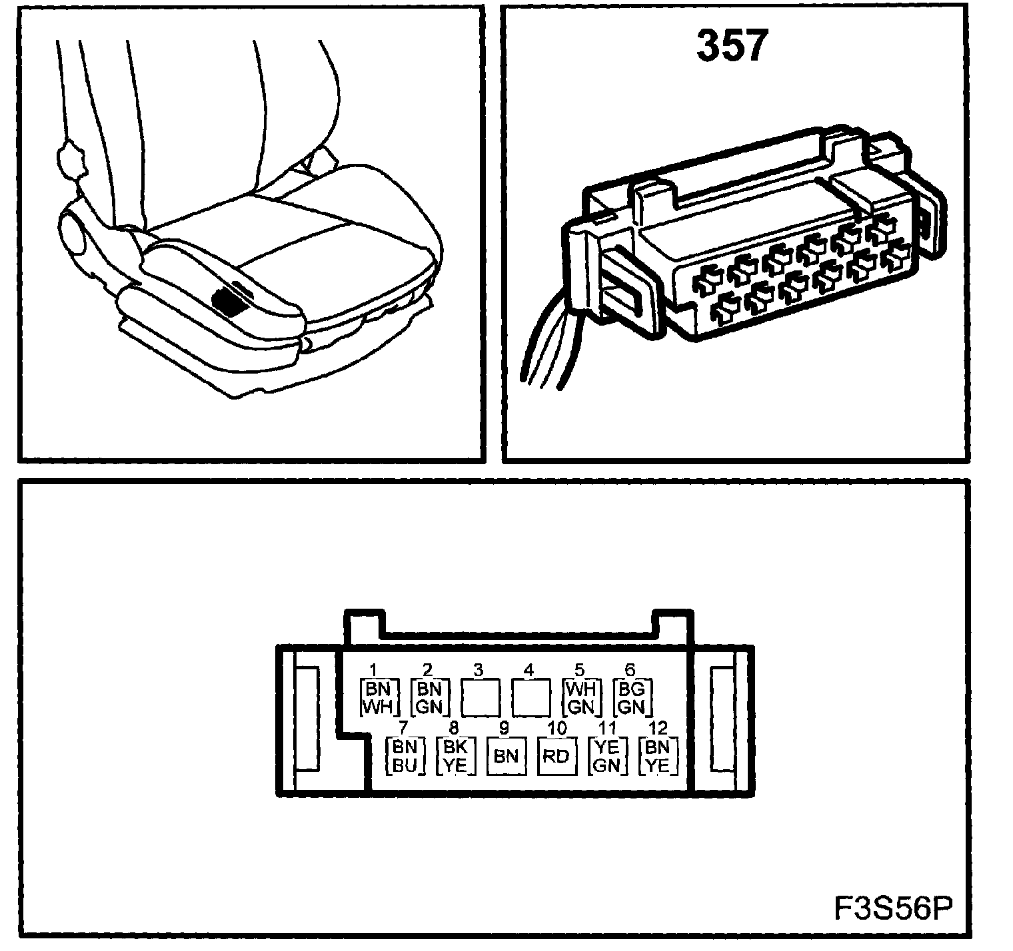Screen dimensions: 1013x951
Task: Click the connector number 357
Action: tap(732, 47)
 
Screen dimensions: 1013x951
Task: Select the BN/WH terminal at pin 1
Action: tap(379, 697)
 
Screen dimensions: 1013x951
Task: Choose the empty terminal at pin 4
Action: tap(530, 697)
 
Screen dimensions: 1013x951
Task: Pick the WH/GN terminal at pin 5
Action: tap(581, 697)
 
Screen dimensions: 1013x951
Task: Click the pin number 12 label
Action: tap(657, 728)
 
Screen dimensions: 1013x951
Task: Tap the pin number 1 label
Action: tap(374, 669)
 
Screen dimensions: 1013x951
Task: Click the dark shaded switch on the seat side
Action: tap(228, 304)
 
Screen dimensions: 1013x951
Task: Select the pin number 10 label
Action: tap(557, 728)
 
